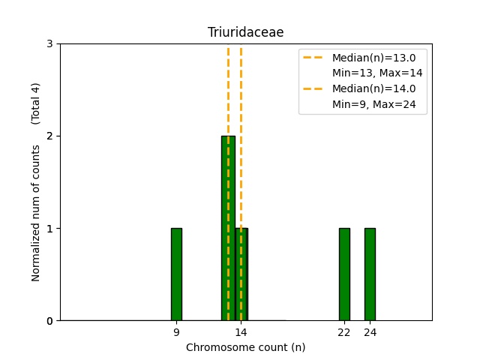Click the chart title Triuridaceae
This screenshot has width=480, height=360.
(x=245, y=32)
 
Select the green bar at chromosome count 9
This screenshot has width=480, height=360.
(x=176, y=274)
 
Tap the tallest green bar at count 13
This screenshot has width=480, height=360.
(x=227, y=228)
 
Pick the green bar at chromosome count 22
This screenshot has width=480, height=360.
(x=344, y=274)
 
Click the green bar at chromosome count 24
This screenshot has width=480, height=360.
(x=370, y=274)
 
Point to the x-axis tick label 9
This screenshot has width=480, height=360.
(x=176, y=332)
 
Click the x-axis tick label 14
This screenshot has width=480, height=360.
(x=241, y=332)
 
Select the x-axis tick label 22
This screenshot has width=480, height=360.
(x=344, y=332)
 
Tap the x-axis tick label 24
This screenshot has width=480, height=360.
(x=370, y=332)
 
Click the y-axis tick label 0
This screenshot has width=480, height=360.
(x=50, y=321)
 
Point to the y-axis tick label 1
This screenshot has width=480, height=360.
(x=50, y=229)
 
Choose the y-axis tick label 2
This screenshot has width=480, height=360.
(x=50, y=136)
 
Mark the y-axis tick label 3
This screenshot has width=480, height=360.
(x=50, y=44)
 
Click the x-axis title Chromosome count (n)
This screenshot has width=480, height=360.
(x=245, y=347)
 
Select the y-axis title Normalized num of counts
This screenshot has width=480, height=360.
(x=36, y=214)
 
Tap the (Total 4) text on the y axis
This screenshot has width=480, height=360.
(x=36, y=103)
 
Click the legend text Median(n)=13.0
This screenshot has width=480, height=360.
(x=373, y=58)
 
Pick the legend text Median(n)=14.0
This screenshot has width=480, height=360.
(x=373, y=88)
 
